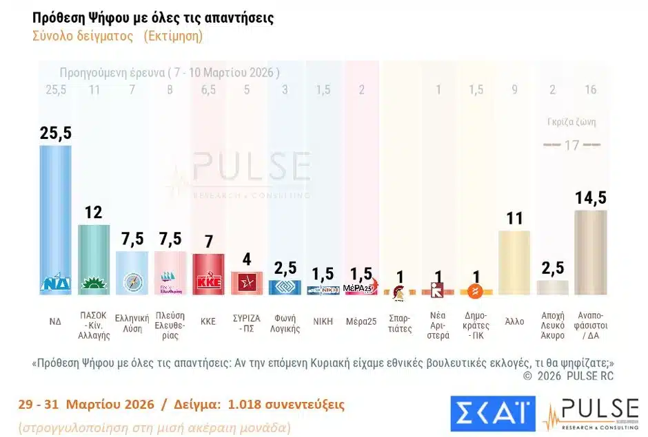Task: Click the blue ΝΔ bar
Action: (55, 220)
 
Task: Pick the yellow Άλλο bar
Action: (514, 262)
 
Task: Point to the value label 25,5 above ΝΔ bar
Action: (55, 134)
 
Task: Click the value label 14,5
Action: (591, 198)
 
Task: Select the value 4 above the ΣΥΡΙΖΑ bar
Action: (246, 260)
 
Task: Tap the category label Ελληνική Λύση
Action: (132, 324)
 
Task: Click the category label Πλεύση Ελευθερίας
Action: (170, 328)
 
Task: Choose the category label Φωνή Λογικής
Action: (284, 324)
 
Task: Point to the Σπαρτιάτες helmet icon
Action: (399, 292)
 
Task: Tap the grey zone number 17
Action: (571, 146)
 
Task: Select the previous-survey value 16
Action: (591, 89)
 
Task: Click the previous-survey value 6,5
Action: (207, 89)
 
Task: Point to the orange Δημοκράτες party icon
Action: (475, 292)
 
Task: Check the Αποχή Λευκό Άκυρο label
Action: (552, 328)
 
